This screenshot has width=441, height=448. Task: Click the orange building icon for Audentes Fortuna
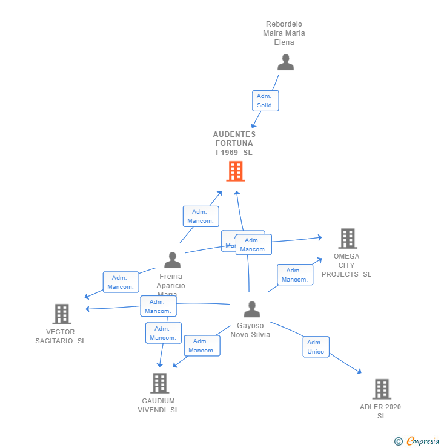pyautogui.click(x=235, y=171)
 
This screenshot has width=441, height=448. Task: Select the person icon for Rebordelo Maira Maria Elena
pyautogui.click(x=285, y=62)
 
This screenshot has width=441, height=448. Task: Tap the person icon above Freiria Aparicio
pyautogui.click(x=173, y=260)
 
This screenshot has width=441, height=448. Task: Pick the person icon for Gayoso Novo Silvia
pyautogui.click(x=251, y=309)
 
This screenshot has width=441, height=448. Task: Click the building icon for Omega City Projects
pyautogui.click(x=347, y=239)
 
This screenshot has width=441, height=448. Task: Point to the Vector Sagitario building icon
pyautogui.click(x=62, y=314)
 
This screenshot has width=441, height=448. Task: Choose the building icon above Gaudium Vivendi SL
pyautogui.click(x=159, y=383)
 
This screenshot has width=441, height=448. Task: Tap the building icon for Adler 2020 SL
pyautogui.click(x=381, y=389)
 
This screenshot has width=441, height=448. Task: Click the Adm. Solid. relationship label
pyautogui.click(x=265, y=100)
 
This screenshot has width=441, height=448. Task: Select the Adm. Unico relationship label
pyautogui.click(x=316, y=347)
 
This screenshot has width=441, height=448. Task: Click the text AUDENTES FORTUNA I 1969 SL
pyautogui.click(x=234, y=143)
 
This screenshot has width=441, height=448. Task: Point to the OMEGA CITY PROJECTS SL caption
pyautogui.click(x=346, y=265)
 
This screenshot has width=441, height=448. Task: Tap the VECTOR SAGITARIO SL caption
pyautogui.click(x=61, y=336)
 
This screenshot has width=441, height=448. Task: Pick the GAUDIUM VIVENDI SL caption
pyautogui.click(x=158, y=405)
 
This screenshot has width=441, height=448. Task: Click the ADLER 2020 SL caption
pyautogui.click(x=380, y=411)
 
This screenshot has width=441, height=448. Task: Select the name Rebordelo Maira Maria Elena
pyautogui.click(x=284, y=33)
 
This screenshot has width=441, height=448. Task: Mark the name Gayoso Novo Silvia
pyautogui.click(x=250, y=330)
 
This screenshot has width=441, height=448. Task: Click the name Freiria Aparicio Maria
pyautogui.click(x=171, y=285)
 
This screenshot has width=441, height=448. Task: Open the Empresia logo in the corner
pyautogui.click(x=417, y=441)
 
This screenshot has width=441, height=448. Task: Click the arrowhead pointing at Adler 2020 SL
pyautogui.click(x=359, y=372)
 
